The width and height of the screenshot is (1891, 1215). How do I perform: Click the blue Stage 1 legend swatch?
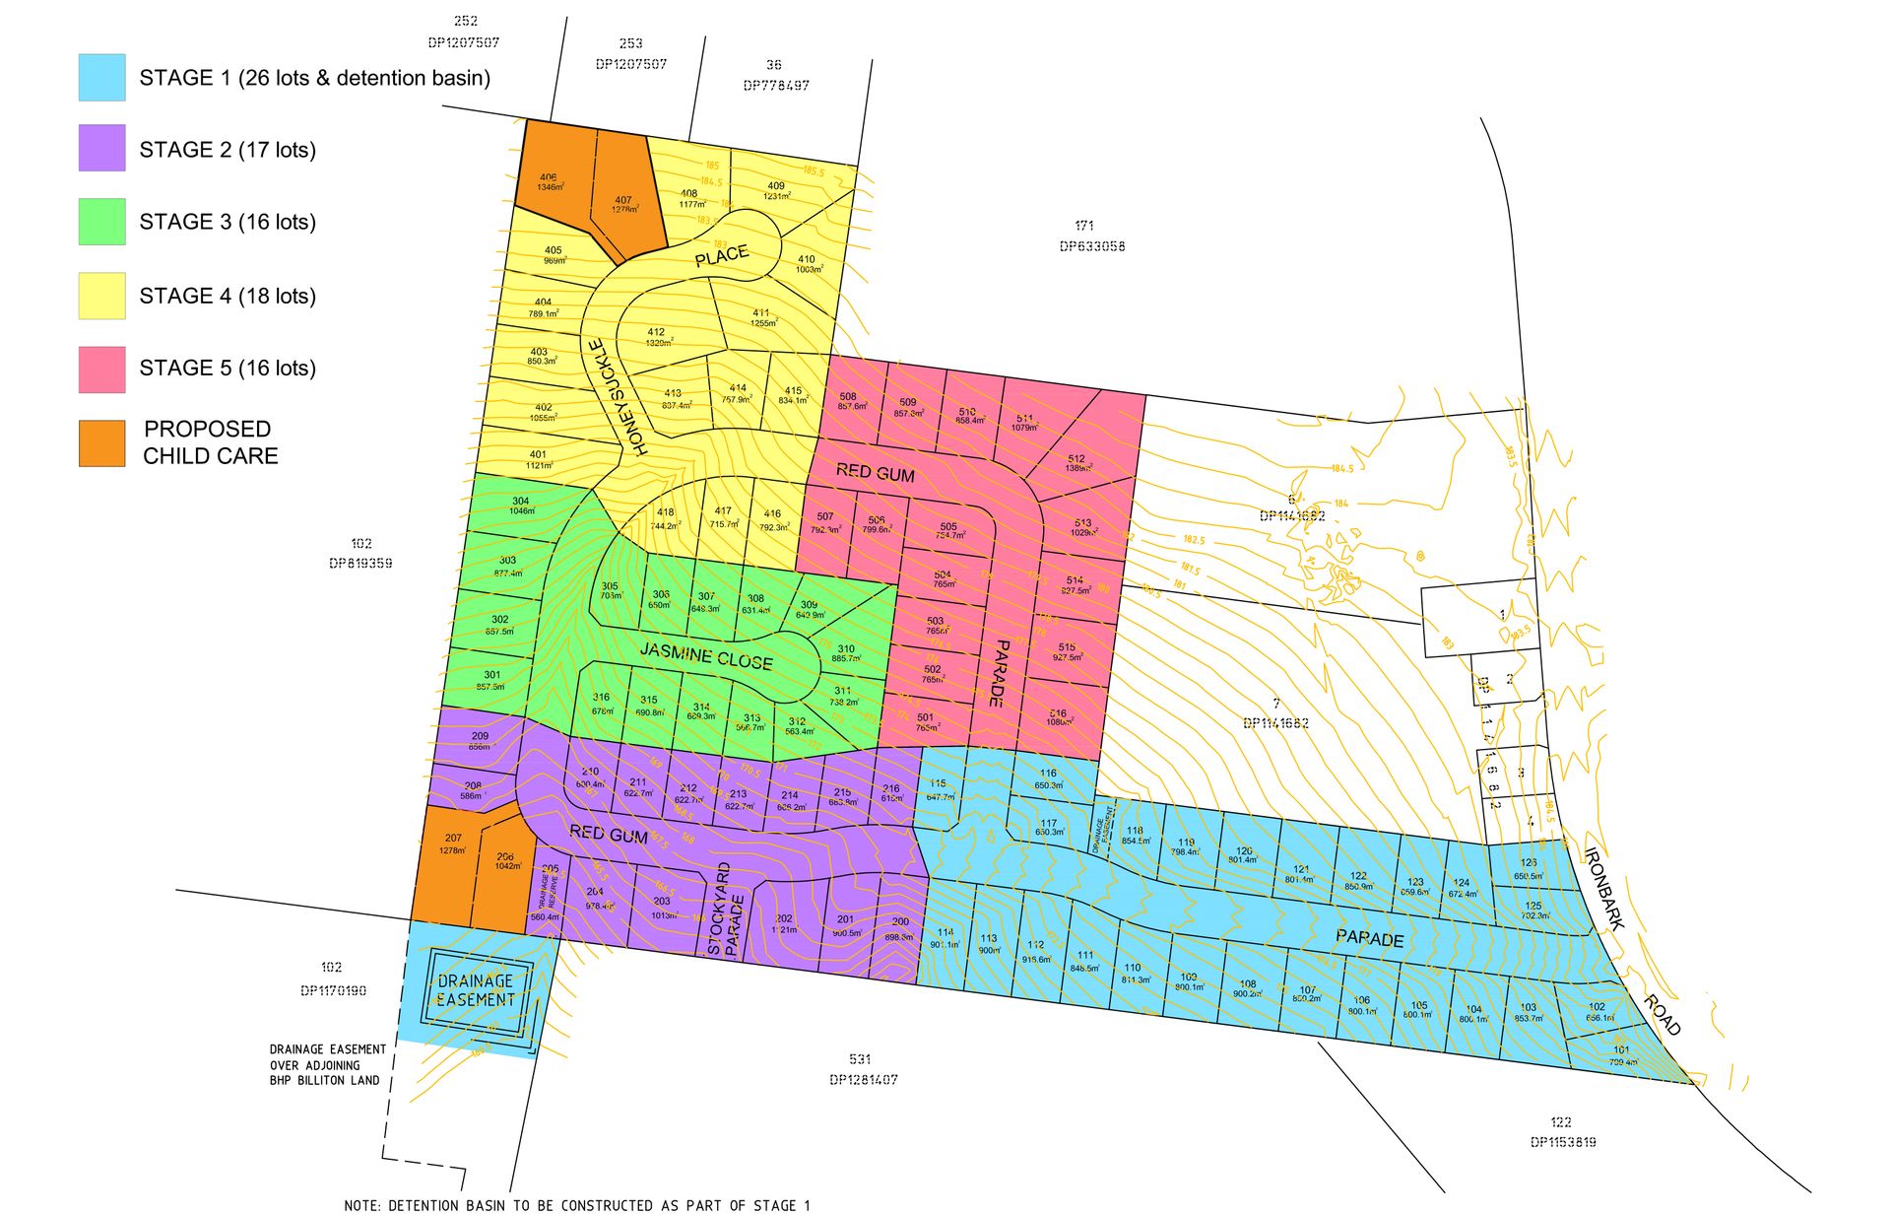coord(101,77)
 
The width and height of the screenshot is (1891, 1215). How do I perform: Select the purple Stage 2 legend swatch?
coord(101,148)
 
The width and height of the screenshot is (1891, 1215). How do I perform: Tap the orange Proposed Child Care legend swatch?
coord(101,442)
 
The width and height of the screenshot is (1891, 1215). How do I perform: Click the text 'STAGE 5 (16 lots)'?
coord(228,368)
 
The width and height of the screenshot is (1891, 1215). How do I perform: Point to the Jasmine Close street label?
coord(706,655)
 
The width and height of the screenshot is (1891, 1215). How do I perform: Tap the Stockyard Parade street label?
coord(724,910)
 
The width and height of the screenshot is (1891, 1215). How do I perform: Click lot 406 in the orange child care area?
coord(550,182)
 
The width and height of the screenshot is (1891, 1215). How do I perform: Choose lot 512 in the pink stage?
coord(1076,463)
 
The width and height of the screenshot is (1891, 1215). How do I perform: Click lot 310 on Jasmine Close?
coord(845,653)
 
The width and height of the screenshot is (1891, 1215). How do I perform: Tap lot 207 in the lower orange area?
coord(452,844)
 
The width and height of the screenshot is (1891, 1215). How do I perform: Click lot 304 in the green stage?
coord(521,506)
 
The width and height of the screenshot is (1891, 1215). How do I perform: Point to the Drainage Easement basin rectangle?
coord(477,990)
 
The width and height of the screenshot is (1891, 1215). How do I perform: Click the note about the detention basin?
coord(577,1205)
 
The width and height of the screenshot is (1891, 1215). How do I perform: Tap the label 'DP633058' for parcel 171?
coord(1092,246)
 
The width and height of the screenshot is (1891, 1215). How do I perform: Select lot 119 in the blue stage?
coord(1185,847)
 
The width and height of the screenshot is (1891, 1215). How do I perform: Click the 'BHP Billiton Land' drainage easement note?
coord(327,1065)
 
